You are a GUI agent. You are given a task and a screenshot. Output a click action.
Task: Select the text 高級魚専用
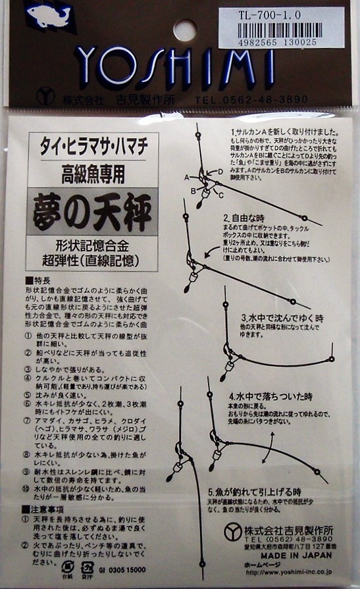[93, 174]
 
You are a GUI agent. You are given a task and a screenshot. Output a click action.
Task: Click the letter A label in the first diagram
[187, 178]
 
